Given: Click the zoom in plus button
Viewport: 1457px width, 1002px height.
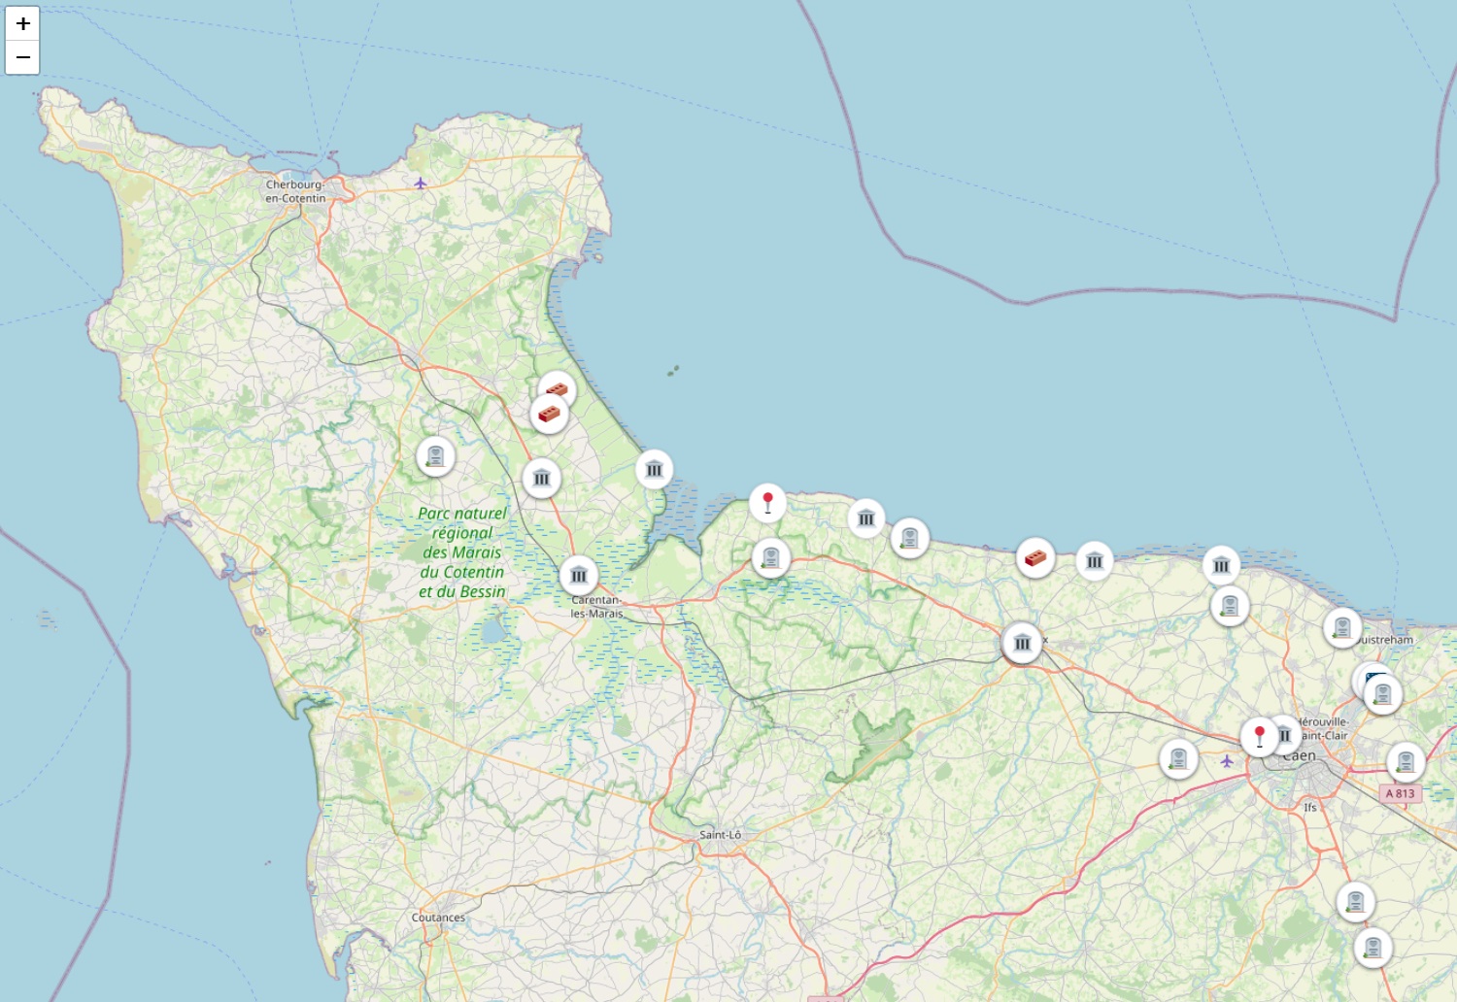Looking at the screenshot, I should click(x=22, y=23).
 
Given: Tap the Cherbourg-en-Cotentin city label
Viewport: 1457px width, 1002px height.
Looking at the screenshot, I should click(x=295, y=191).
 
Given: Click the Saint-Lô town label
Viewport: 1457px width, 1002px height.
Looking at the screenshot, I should click(x=720, y=835).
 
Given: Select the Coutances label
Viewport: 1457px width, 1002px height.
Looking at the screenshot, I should click(x=438, y=918).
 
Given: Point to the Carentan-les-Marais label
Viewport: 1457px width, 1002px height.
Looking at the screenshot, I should click(x=596, y=607).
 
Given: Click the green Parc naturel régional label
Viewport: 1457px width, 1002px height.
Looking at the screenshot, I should click(x=462, y=552).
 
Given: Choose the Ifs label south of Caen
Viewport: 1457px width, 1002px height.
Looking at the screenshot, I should click(x=1310, y=807).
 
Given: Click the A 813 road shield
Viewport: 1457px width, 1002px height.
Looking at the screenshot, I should click(x=1401, y=793).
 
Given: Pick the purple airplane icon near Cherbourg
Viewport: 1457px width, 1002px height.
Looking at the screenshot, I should click(x=421, y=183).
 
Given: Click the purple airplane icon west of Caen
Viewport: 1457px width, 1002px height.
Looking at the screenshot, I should click(x=1227, y=761).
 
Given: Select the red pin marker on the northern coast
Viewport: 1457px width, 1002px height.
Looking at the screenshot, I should click(x=767, y=503).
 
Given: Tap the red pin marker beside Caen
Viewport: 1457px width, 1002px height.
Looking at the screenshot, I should click(x=1259, y=736).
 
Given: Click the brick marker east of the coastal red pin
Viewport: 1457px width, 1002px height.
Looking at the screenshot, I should click(x=1035, y=557).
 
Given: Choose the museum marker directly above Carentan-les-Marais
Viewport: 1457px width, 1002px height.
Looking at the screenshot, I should click(x=579, y=575).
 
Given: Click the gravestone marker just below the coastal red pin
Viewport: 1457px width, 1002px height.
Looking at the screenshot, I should click(x=771, y=557).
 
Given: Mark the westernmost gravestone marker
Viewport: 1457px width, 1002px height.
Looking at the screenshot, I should click(x=435, y=455).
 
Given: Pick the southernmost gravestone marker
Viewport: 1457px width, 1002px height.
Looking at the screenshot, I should click(x=1372, y=947).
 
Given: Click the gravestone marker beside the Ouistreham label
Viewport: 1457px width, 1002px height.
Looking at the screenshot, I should click(x=1342, y=627).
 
